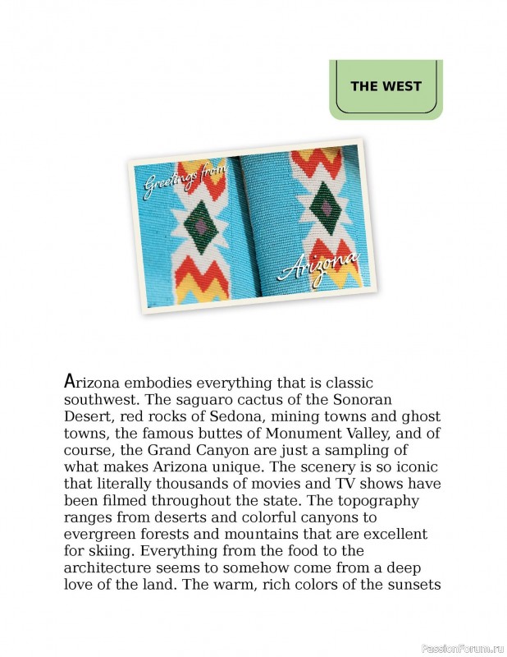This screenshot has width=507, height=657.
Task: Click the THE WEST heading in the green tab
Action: [x=386, y=86]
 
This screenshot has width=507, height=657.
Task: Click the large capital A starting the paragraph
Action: [x=70, y=382]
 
